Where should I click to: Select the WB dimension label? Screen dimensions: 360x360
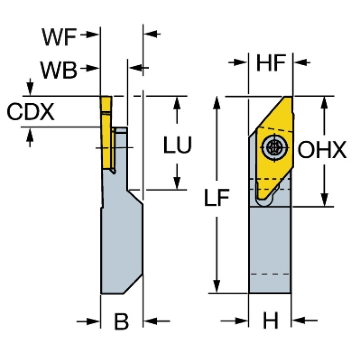58,71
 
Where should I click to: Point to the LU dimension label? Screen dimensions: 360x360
177,146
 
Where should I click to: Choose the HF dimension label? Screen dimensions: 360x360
271,63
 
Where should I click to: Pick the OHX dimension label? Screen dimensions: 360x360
322,151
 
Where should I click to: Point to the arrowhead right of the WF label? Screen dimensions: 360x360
94,35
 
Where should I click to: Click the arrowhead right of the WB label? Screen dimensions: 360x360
94,69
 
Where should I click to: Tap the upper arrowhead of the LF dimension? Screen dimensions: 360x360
216,101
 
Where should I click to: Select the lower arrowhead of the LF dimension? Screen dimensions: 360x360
216,288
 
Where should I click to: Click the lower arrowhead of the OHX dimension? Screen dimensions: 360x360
324,201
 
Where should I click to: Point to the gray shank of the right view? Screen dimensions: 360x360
270,249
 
